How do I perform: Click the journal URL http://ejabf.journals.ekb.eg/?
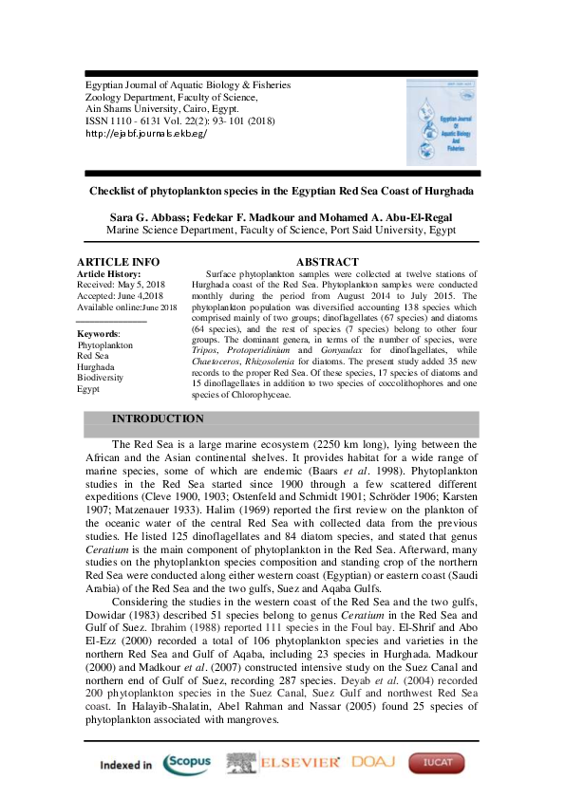click(146, 134)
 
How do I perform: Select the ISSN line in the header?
click(166, 121)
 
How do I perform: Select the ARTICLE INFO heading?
click(118, 262)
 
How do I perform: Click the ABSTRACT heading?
click(328, 262)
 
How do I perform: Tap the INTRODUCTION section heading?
click(158, 418)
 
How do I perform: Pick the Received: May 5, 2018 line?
click(122, 285)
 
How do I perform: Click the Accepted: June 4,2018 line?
click(121, 296)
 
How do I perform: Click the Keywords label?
click(98, 334)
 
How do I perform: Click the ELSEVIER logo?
click(283, 763)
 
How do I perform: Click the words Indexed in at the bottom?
click(125, 765)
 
